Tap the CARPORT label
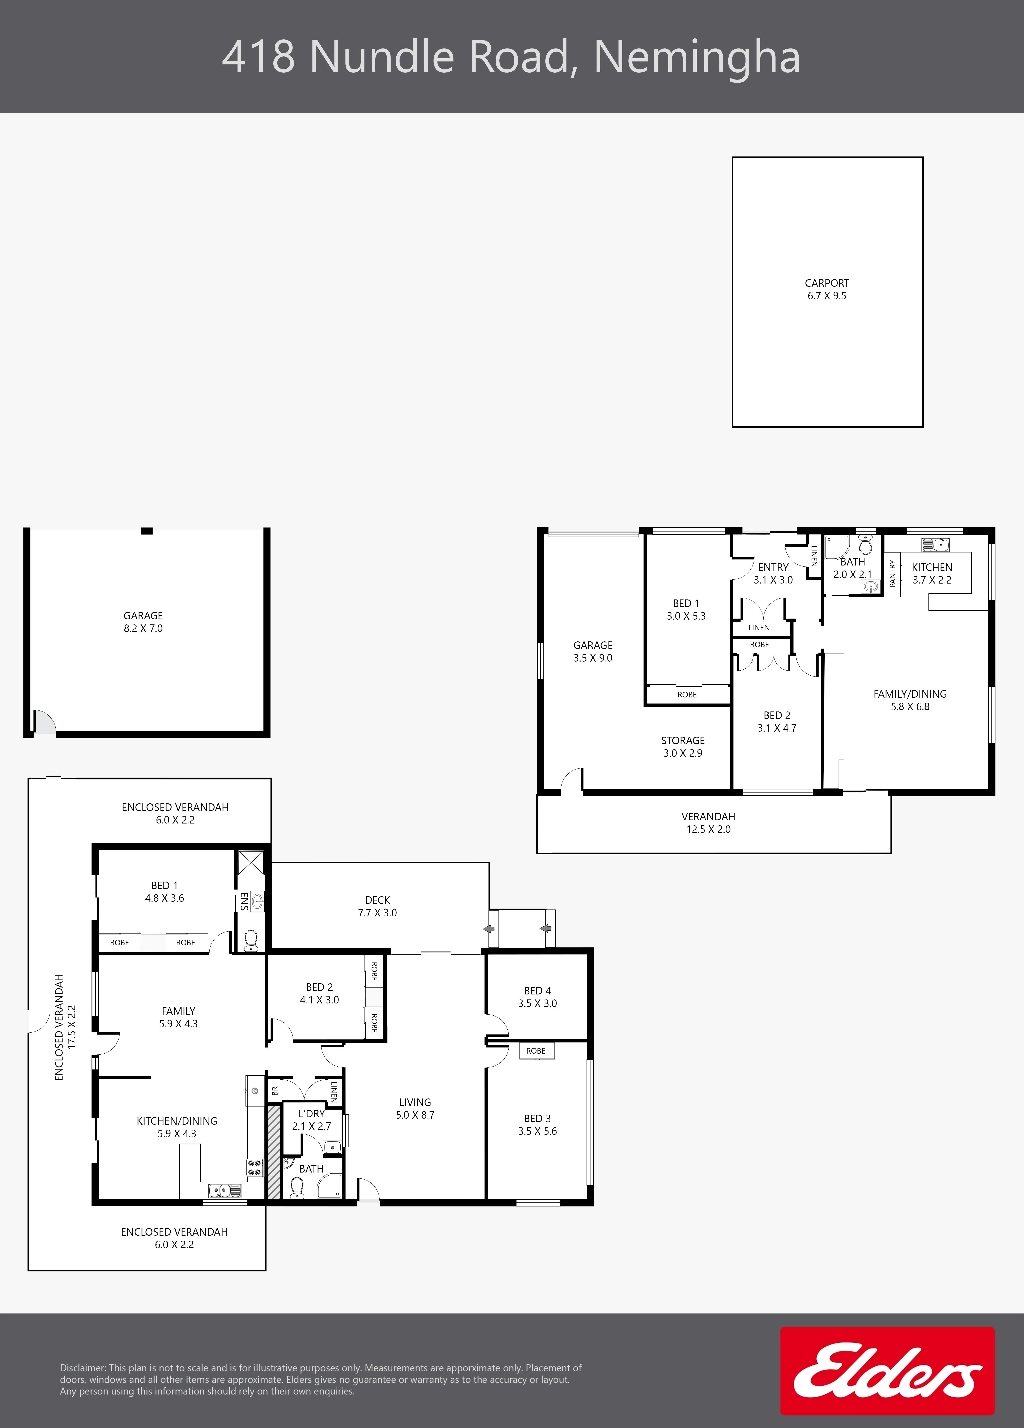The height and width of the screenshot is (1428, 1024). point(827,283)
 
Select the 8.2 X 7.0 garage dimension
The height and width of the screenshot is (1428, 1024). point(143,628)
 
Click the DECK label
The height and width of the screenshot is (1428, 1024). point(377,900)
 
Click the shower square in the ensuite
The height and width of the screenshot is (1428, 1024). point(251,863)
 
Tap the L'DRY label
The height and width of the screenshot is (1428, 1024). point(311,1114)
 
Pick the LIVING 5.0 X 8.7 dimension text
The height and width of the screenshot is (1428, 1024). point(415,1115)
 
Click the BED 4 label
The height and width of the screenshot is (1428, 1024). point(537,991)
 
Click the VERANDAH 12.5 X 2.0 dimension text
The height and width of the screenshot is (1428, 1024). point(708,829)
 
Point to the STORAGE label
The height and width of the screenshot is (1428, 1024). point(683,740)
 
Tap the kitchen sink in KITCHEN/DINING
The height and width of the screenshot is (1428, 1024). point(225,1191)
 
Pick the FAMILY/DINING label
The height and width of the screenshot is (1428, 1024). point(910,694)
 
